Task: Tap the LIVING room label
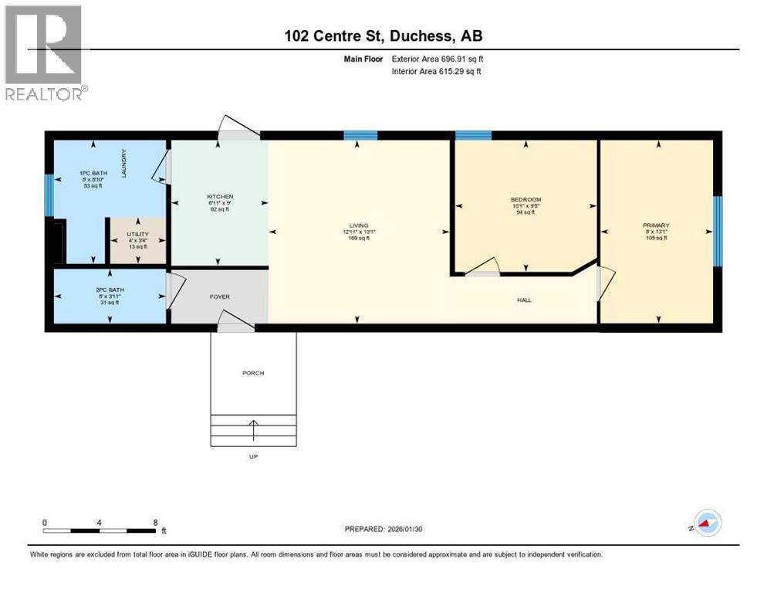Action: point(358,225)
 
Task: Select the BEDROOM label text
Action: point(525,199)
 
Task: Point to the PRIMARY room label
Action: point(656,225)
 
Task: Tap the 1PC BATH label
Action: point(89,172)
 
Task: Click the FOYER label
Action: point(219,296)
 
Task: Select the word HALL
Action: point(524,300)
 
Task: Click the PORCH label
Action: point(253,373)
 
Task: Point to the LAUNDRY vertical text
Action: point(123,163)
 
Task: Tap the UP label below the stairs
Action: point(253,456)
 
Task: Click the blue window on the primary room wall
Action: point(717,231)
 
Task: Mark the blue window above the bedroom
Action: point(472,136)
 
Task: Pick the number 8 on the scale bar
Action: point(155,522)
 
